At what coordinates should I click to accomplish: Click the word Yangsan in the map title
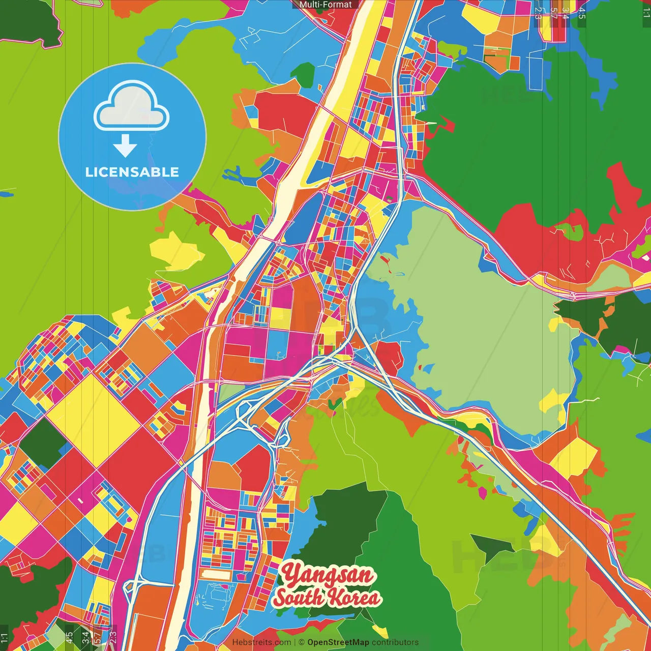(x=329, y=575)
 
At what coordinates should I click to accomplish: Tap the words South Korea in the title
(x=327, y=597)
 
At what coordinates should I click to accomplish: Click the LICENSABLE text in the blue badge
(x=132, y=172)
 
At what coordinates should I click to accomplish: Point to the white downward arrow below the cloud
(x=125, y=146)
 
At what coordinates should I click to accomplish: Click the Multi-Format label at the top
(x=325, y=5)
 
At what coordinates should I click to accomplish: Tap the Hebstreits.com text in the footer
(x=261, y=642)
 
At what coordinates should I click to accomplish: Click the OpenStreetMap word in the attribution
(x=338, y=642)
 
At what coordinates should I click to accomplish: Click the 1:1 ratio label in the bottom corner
(x=4, y=638)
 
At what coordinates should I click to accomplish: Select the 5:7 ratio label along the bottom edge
(x=97, y=637)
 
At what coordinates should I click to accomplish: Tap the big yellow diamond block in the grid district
(x=94, y=420)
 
